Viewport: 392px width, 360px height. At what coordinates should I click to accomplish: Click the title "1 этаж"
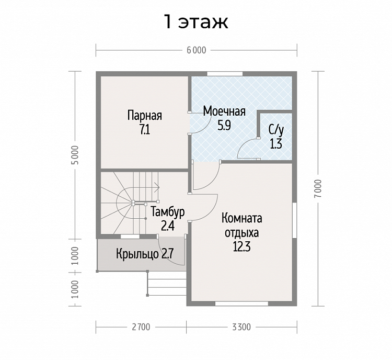pyautogui.click(x=196, y=22)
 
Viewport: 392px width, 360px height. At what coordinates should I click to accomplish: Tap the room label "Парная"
pyautogui.click(x=145, y=116)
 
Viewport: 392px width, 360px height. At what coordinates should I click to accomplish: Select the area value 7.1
pyautogui.click(x=145, y=130)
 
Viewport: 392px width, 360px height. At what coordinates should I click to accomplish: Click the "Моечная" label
pyautogui.click(x=224, y=111)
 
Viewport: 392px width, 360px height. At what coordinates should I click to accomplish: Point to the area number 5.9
pyautogui.click(x=224, y=126)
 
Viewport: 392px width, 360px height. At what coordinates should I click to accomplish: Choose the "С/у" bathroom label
pyautogui.click(x=276, y=130)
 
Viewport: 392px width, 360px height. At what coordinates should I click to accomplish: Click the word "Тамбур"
pyautogui.click(x=168, y=212)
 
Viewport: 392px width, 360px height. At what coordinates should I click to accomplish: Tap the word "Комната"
pyautogui.click(x=242, y=218)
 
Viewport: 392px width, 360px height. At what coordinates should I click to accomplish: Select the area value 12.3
pyautogui.click(x=242, y=247)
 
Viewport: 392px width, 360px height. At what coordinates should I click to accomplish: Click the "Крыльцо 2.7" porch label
pyautogui.click(x=145, y=254)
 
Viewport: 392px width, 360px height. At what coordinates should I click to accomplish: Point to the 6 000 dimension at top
pyautogui.click(x=197, y=50)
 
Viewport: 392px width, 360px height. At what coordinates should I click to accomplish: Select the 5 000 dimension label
pyautogui.click(x=76, y=155)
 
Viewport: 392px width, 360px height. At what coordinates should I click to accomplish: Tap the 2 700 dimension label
pyautogui.click(x=141, y=327)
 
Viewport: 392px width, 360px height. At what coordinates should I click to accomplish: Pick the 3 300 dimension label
pyautogui.click(x=241, y=327)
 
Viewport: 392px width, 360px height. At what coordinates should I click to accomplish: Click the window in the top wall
pyautogui.click(x=225, y=74)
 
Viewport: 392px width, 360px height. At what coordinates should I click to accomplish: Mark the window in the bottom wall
pyautogui.click(x=242, y=303)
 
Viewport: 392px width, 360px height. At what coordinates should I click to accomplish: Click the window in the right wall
pyautogui.click(x=295, y=220)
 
